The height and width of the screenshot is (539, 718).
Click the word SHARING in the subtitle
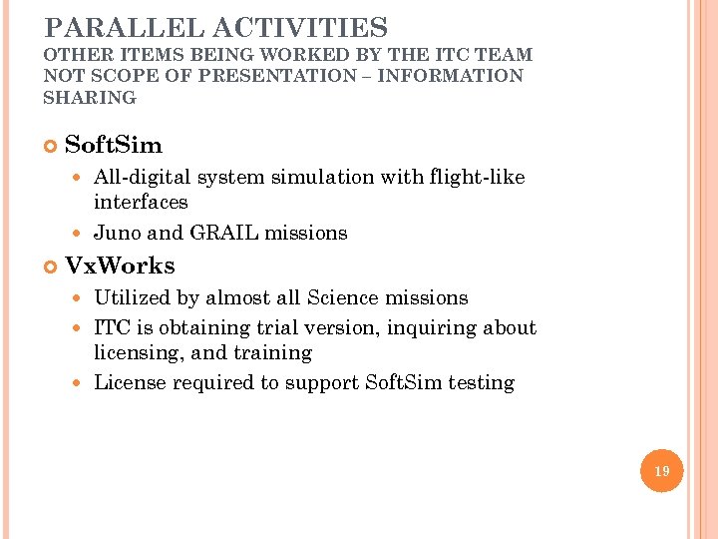point(90,97)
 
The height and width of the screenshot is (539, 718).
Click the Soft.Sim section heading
point(113,146)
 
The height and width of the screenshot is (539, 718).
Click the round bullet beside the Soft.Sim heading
point(51,147)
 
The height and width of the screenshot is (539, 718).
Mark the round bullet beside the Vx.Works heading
point(51,267)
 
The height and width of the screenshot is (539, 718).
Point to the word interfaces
point(141,202)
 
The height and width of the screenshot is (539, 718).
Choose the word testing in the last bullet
point(482,383)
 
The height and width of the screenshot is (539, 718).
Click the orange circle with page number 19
point(662,470)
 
